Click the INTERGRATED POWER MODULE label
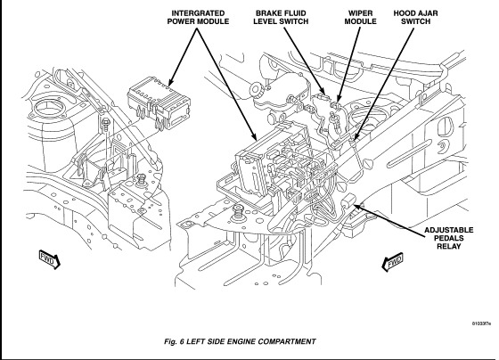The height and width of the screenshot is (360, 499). click(x=198, y=18)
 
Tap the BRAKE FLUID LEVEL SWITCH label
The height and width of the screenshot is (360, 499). click(x=281, y=18)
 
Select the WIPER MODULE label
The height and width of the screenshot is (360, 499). click(x=360, y=18)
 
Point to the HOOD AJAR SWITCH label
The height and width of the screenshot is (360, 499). click(x=415, y=18)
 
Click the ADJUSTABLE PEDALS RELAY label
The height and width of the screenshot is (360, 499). click(x=449, y=238)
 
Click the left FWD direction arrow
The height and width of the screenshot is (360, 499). click(x=49, y=259)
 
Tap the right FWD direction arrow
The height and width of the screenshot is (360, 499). click(x=393, y=262)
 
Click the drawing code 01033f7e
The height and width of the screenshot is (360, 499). click(x=481, y=323)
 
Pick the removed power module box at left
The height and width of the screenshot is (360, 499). click(x=159, y=102)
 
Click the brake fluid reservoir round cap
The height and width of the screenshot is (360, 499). click(x=258, y=90)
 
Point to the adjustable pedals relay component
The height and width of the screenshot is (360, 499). click(x=349, y=200)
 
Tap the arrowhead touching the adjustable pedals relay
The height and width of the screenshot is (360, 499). click(x=358, y=207)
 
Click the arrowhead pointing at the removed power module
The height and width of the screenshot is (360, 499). click(x=170, y=83)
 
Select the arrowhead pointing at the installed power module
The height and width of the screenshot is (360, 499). click(x=254, y=137)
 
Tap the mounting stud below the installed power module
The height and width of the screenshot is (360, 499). click(x=237, y=212)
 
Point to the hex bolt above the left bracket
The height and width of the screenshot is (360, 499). click(x=105, y=123)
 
